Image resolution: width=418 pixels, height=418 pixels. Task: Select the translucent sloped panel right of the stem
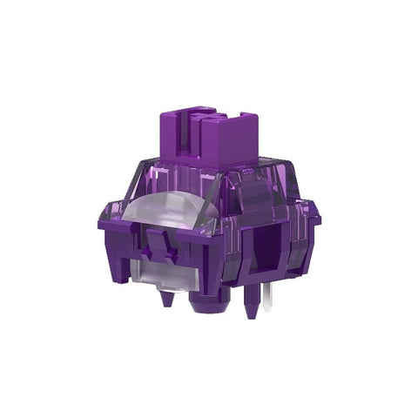(x=277, y=187)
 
